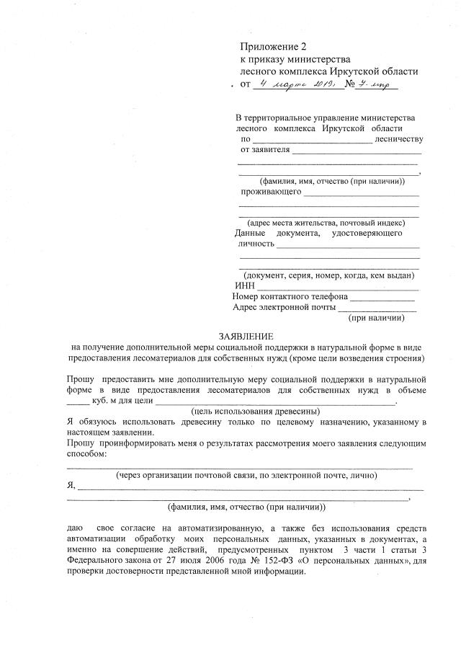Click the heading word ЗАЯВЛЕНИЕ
point(246,337)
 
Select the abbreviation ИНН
point(246,285)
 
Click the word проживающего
point(270,192)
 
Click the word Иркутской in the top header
point(336,72)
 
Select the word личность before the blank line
point(256,244)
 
